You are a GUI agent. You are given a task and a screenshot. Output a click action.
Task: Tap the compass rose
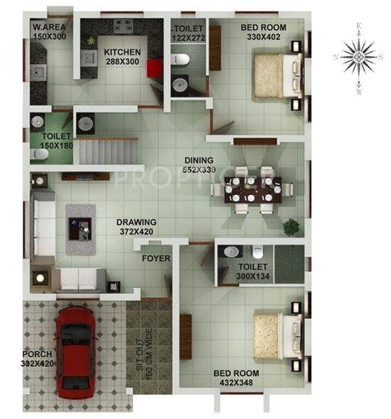(358, 56)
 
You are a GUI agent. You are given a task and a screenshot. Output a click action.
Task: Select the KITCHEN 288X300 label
(122, 57)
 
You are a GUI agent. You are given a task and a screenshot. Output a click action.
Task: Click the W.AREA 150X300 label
(48, 31)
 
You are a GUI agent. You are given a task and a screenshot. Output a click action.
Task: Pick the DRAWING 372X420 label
(137, 226)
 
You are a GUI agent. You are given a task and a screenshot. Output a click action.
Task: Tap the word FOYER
(156, 258)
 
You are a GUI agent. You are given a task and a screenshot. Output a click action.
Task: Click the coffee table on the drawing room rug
(80, 228)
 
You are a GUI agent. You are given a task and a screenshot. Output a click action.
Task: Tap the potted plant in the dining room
(290, 227)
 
